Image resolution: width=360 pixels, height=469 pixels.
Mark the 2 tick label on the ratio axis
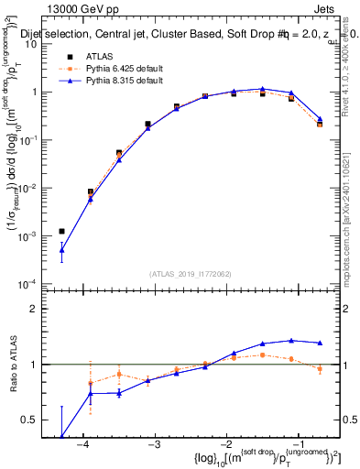click(x=40, y=309)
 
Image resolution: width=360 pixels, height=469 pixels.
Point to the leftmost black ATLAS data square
click(x=61, y=232)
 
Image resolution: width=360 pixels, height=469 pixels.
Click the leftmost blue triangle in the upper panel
click(x=61, y=249)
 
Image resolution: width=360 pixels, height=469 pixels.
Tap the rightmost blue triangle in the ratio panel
click(x=320, y=344)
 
